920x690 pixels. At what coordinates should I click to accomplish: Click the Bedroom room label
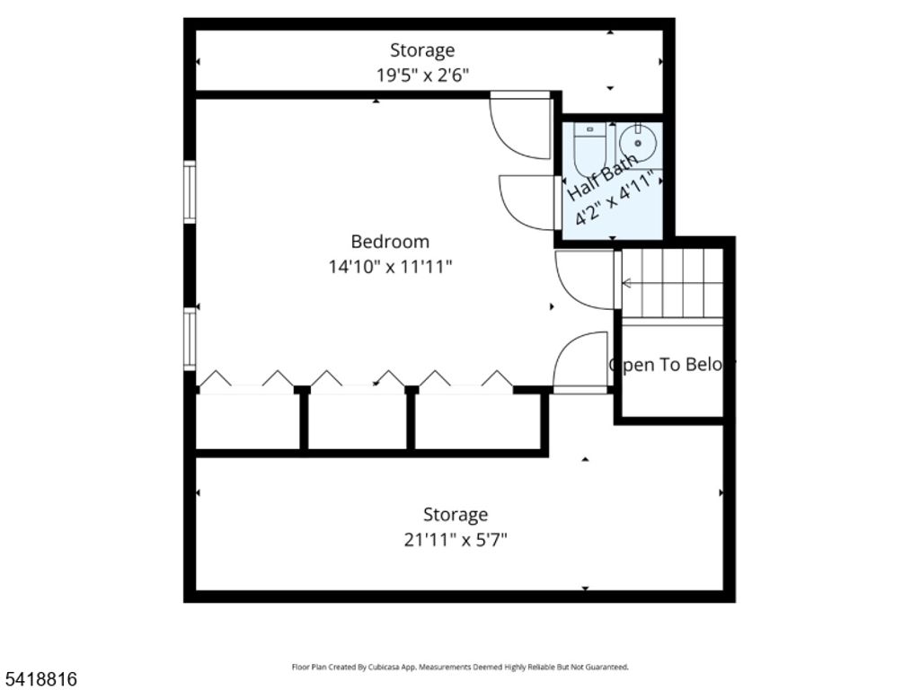click(390, 242)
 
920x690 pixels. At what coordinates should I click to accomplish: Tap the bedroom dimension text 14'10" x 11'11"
click(390, 267)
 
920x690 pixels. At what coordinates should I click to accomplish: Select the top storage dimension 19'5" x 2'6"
click(422, 75)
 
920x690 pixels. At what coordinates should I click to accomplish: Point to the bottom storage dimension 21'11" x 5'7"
click(456, 539)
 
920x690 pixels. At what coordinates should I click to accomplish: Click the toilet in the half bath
click(590, 146)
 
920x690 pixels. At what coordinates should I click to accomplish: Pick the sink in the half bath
click(640, 142)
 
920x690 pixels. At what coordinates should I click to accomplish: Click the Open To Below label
click(672, 365)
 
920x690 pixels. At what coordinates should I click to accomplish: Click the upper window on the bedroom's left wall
click(190, 190)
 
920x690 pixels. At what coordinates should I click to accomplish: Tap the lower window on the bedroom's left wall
click(190, 339)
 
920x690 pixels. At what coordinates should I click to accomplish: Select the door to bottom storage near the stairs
click(582, 363)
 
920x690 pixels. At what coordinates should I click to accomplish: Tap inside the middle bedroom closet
click(358, 420)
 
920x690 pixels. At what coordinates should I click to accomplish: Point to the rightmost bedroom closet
click(476, 420)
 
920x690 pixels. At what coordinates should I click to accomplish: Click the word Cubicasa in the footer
click(387, 667)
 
